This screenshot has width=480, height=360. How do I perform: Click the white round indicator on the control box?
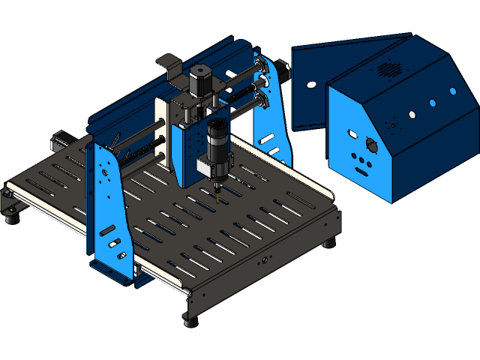412,115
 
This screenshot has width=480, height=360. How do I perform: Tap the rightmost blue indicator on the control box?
452,91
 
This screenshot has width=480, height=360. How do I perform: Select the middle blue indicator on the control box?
432,103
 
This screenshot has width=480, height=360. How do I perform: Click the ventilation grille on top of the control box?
387,69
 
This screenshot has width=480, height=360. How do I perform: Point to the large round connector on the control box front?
370,145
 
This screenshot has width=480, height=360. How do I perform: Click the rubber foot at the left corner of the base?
11,217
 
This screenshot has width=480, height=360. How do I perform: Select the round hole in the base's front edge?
262,262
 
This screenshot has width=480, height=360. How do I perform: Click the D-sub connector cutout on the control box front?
352,133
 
